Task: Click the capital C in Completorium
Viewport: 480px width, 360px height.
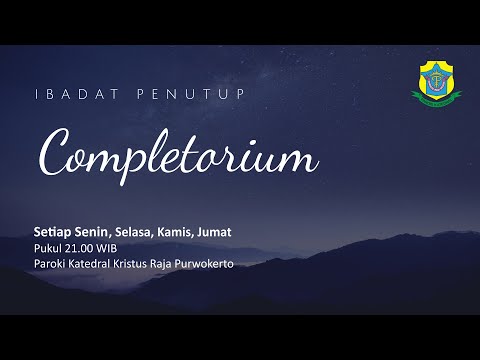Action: [x=54, y=153]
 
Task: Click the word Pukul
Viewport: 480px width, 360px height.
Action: [x=46, y=249]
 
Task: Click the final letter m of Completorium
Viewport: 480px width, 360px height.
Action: [x=301, y=159]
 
